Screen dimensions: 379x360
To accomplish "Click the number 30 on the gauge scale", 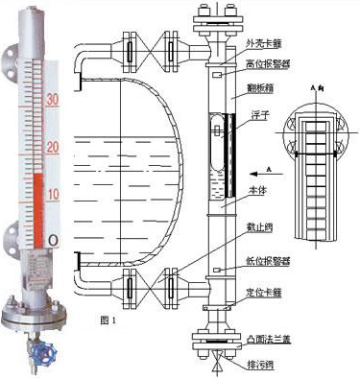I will (54, 99).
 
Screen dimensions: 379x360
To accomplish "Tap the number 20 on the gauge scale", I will (54, 146).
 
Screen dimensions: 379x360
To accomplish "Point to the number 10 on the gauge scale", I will (54, 194).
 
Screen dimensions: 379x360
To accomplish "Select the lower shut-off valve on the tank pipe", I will (148, 285).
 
